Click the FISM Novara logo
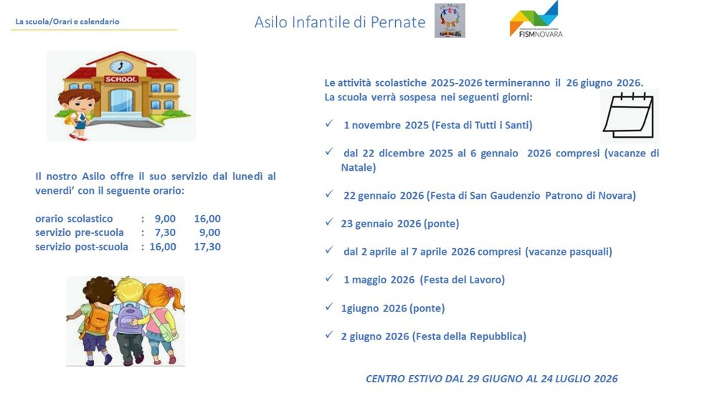pos(535,20)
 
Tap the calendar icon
pos(628,115)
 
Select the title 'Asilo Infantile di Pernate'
pos(339,22)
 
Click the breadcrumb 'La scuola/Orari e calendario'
pos(67,22)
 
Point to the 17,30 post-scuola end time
pos(207,247)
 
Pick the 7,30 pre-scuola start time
pos(165,232)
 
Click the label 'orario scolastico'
pos(74,219)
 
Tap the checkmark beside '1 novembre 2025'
pos(328,124)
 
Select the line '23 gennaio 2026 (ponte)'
pos(399,224)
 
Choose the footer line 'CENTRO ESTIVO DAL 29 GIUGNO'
pos(491,379)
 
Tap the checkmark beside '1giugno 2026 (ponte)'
pos(328,307)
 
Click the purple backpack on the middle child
pos(128,316)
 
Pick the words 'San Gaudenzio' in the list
pos(506,196)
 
